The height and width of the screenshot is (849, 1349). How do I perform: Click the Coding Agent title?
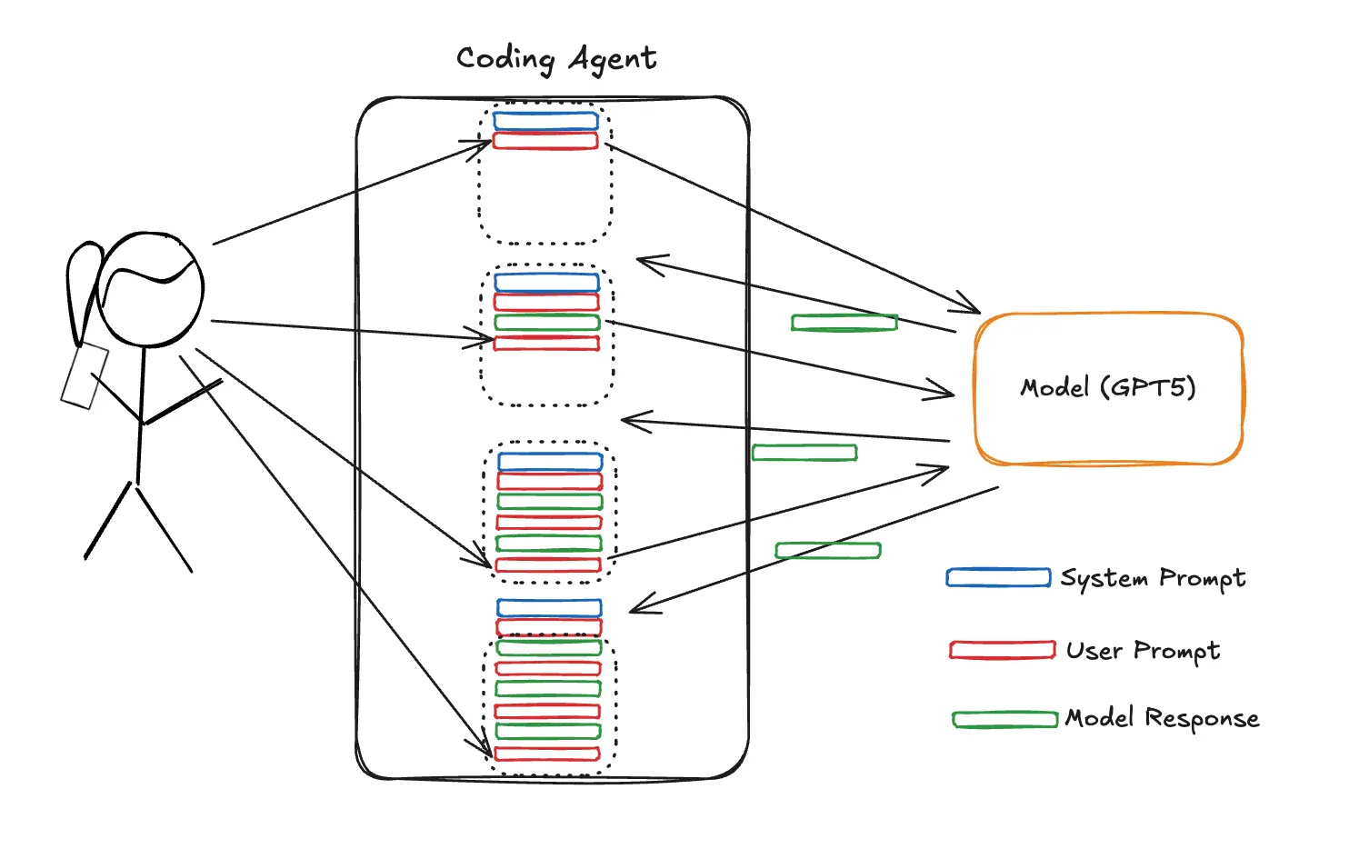[555, 59]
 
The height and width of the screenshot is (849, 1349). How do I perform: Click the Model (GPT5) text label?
[1107, 388]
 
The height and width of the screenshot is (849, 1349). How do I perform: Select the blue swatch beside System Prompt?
[998, 578]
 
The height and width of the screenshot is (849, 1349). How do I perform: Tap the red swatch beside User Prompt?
[1002, 650]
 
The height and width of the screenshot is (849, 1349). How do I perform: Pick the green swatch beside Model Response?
[1004, 720]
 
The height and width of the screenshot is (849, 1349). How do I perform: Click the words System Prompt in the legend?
[1153, 578]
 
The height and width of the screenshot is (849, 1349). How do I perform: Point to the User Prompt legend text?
[1143, 651]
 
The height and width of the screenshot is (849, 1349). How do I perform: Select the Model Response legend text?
[1162, 718]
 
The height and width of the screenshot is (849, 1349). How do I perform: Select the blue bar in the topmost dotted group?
[545, 120]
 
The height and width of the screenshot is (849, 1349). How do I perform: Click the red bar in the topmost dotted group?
[545, 141]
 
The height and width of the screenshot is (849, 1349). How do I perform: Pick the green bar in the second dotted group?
[547, 323]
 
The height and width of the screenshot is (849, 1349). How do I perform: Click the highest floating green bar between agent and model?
[844, 323]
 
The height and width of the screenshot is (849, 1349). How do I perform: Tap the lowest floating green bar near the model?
[827, 551]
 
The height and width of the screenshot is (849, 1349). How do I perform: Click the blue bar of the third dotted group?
[550, 462]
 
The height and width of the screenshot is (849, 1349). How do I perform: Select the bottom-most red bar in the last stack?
[546, 754]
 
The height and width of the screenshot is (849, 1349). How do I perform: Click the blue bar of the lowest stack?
[549, 607]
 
